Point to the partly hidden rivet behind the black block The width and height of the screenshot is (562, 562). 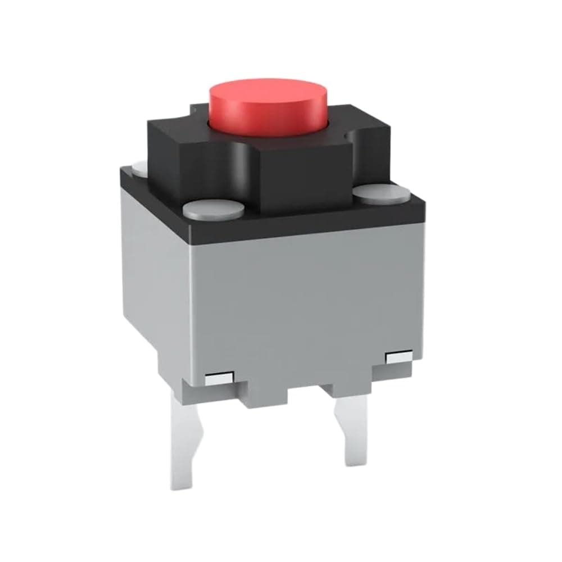[139, 166]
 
